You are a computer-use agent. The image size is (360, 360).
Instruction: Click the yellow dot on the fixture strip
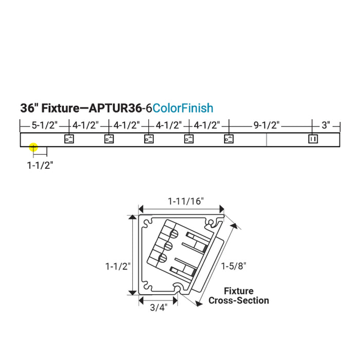(x=33, y=147)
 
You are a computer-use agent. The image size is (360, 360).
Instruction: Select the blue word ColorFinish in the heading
(x=183, y=109)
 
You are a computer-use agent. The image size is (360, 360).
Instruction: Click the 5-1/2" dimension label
(x=44, y=125)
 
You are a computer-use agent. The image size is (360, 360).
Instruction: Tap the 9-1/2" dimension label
(x=266, y=125)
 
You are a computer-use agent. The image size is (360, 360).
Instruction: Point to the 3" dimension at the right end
(x=326, y=125)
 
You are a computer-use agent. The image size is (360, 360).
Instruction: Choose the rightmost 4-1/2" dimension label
(x=207, y=125)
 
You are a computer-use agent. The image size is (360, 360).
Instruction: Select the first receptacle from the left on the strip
(x=68, y=139)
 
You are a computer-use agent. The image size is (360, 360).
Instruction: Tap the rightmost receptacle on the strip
(x=313, y=139)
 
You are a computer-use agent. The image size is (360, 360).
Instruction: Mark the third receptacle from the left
(x=149, y=139)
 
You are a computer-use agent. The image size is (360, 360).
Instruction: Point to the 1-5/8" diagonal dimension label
(x=233, y=266)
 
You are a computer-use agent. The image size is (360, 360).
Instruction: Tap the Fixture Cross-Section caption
(x=239, y=296)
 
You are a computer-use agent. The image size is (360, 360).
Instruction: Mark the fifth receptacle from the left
(x=229, y=139)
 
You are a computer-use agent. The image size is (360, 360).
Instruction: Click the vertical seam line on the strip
(x=266, y=140)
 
